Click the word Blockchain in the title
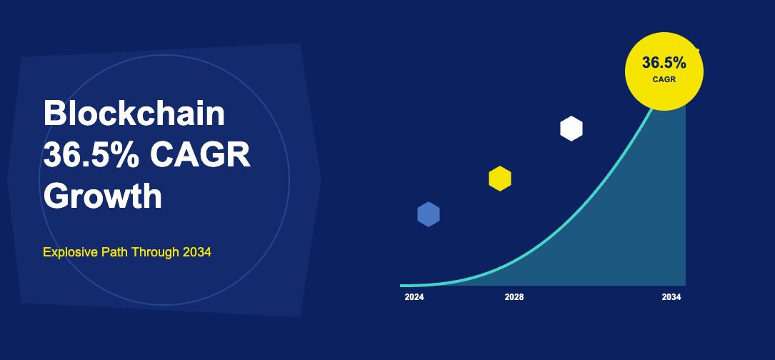click(x=134, y=113)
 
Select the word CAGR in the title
click(x=200, y=154)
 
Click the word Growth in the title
click(x=103, y=196)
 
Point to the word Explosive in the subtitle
click(x=70, y=252)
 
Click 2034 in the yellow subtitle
click(x=196, y=252)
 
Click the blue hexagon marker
click(x=429, y=214)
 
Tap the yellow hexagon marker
click(x=500, y=178)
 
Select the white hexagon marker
click(x=571, y=129)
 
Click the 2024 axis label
click(x=414, y=297)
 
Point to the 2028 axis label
click(x=514, y=297)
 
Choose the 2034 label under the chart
click(x=671, y=297)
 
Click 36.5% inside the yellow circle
click(x=664, y=63)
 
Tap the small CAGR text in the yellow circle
click(x=664, y=79)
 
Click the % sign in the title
click(x=128, y=154)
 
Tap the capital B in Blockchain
click(x=54, y=114)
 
